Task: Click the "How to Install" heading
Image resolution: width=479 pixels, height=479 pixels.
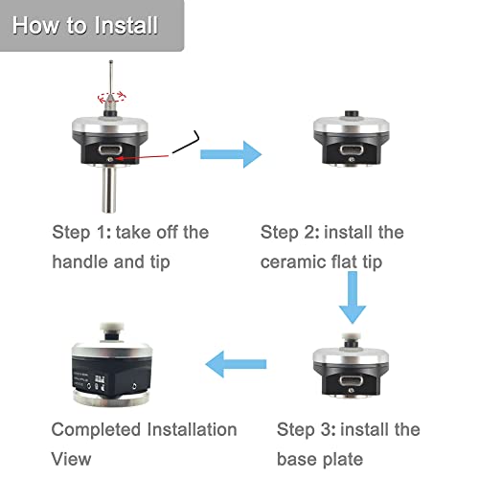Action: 85,25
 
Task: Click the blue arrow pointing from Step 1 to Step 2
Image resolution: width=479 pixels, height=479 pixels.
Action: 231,154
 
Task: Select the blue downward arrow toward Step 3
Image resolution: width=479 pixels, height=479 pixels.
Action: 353,297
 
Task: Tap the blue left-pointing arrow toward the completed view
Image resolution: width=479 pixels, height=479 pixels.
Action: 236,364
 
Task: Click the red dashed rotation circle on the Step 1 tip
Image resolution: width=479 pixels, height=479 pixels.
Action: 112,97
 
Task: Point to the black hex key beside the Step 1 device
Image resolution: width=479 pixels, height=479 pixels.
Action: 186,142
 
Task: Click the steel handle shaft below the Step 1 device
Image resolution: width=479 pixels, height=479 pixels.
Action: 108,190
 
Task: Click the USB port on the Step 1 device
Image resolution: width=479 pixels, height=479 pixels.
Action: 110,149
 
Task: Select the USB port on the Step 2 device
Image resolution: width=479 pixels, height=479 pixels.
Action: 352,149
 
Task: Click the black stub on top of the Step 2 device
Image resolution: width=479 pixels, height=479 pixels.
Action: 352,114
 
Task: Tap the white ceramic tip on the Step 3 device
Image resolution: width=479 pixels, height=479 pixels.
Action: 352,336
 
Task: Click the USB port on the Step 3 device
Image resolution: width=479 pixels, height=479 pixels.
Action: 351,381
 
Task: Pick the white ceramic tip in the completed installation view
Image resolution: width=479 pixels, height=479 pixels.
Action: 109,327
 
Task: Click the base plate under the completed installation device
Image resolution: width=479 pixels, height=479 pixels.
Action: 111,399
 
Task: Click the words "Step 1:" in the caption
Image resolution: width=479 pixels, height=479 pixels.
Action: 81,233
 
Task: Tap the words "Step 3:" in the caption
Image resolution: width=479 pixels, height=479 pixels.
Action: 307,429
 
